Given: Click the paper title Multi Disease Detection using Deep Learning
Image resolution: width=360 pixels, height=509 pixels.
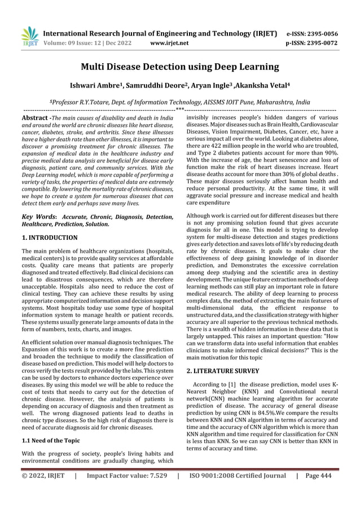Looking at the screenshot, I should coord(180,68).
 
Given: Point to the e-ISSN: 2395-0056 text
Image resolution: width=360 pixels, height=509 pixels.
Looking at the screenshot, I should coord(309,33).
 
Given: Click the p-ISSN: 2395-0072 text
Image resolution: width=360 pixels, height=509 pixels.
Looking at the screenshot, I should coord(309,42).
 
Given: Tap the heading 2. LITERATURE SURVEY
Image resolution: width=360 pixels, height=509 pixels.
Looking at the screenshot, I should coord(223,371).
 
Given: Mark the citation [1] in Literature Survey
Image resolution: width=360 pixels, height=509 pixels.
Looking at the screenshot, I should coord(231,385).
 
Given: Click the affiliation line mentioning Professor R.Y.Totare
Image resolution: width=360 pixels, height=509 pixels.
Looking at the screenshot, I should coord(180,102).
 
